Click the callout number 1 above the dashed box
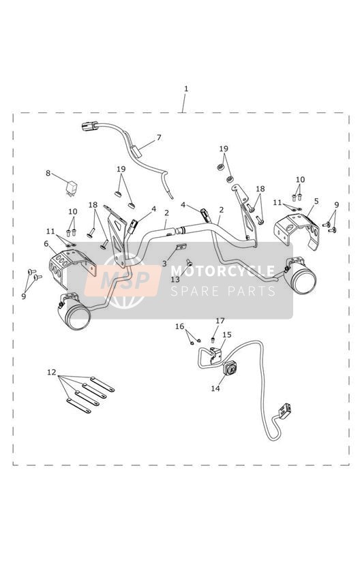pyautogui.click(x=185, y=89)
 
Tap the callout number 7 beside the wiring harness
pyautogui.click(x=159, y=138)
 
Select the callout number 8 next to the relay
pyautogui.click(x=48, y=173)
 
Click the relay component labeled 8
pyautogui.click(x=72, y=188)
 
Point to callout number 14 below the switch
pyautogui.click(x=215, y=388)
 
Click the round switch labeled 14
pyautogui.click(x=230, y=368)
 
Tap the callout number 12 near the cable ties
pyautogui.click(x=52, y=373)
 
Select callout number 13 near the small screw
pyautogui.click(x=175, y=279)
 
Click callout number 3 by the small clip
pyautogui.click(x=164, y=264)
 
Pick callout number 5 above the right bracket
pyautogui.click(x=316, y=201)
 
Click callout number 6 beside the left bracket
pyautogui.click(x=46, y=244)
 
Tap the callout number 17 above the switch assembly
pyautogui.click(x=220, y=320)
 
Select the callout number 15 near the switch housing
pyautogui.click(x=227, y=334)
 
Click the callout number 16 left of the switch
pyautogui.click(x=179, y=326)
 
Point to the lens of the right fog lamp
pyautogui.click(x=305, y=279)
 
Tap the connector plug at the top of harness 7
pyautogui.click(x=89, y=126)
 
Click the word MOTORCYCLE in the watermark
pyautogui.click(x=223, y=270)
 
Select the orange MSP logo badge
pyautogui.click(x=122, y=280)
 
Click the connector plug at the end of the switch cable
pyautogui.click(x=285, y=411)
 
